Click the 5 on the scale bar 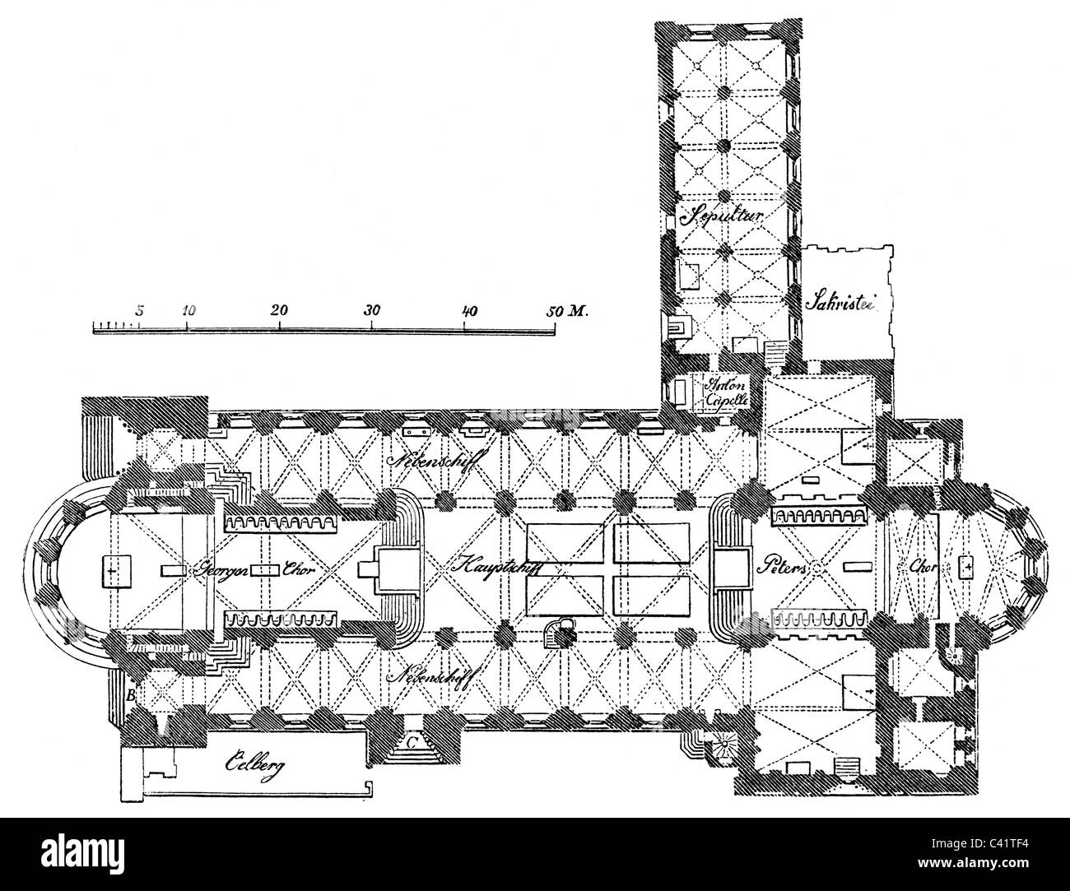[139, 311]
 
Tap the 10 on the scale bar [188, 311]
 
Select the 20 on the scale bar [279, 311]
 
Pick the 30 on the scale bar [372, 311]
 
